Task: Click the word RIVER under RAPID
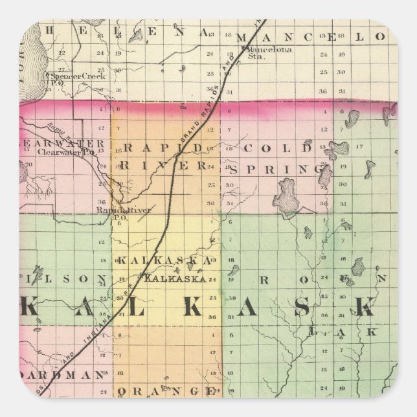pyautogui.click(x=165, y=165)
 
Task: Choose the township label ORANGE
pyautogui.click(x=166, y=391)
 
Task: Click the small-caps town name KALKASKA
pyautogui.click(x=176, y=279)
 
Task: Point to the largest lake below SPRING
pyautogui.click(x=286, y=194)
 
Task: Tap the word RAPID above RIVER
pyautogui.click(x=163, y=148)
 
